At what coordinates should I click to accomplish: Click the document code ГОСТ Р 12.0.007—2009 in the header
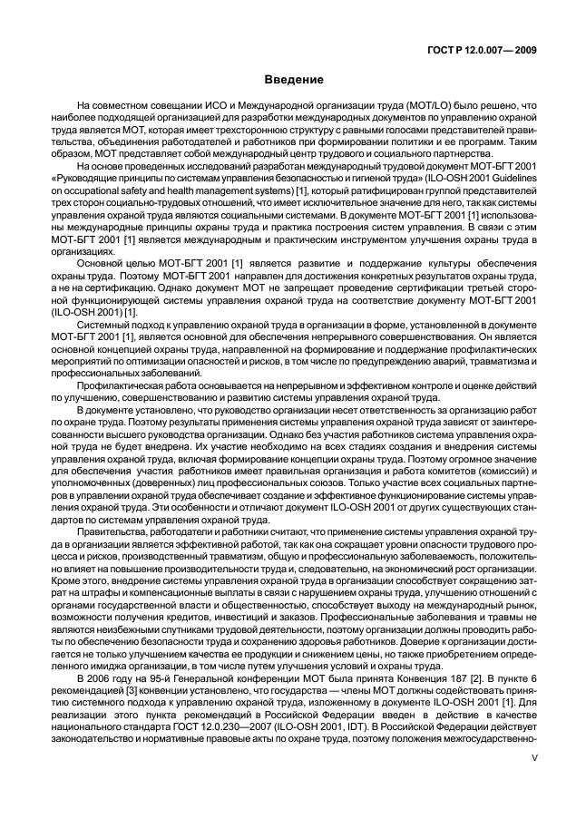click(482, 51)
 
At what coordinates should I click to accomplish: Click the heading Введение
click(292, 80)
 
